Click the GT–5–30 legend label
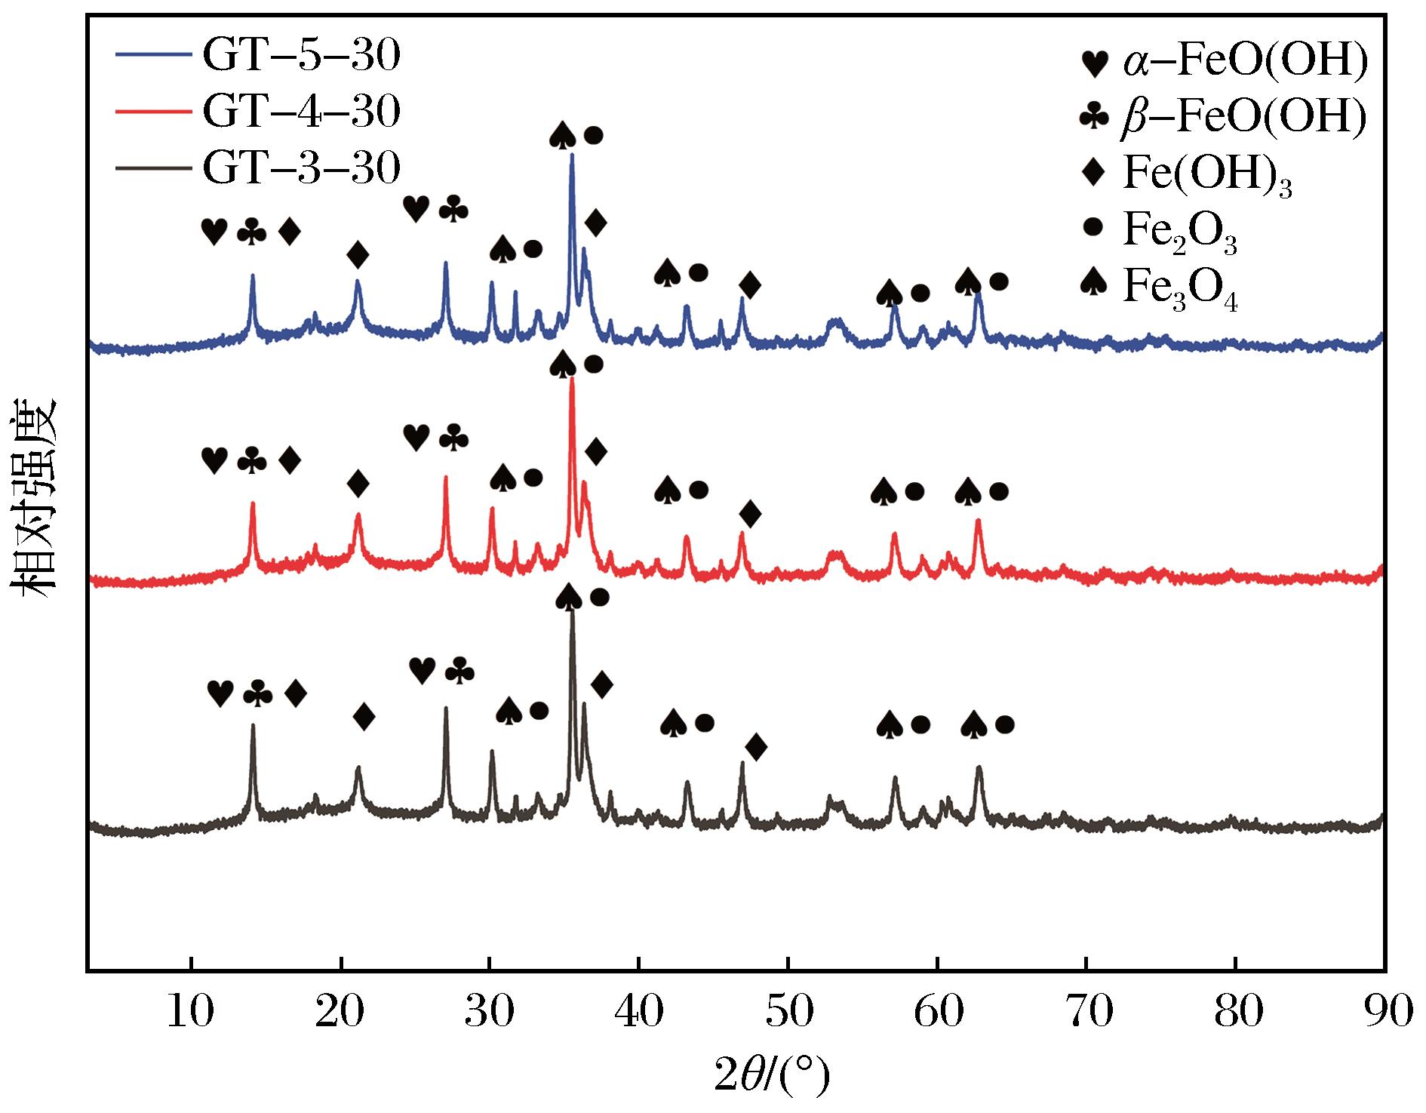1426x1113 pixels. [301, 57]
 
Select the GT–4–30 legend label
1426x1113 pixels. [301, 112]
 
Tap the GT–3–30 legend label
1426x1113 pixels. [301, 168]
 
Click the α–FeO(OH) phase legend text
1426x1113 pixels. [1244, 63]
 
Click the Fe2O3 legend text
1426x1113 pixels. [1180, 232]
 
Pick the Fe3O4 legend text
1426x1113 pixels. [1180, 288]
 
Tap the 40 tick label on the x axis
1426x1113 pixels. [638, 1013]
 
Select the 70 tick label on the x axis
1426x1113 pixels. [1086, 1013]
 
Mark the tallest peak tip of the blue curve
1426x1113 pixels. [572, 154]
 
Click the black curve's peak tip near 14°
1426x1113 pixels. [253, 725]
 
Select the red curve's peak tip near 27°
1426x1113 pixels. [446, 477]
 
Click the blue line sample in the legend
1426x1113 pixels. [154, 56]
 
